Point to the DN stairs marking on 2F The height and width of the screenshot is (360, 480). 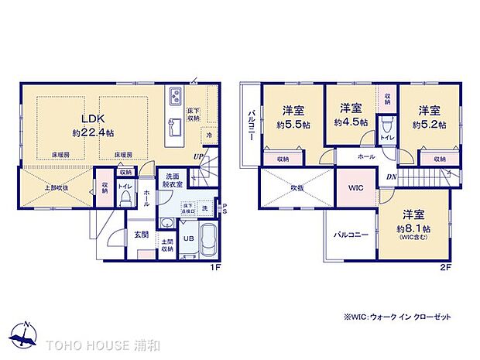pos(392,176)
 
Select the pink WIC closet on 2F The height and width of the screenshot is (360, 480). pos(355,188)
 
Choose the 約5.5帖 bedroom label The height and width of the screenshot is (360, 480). pos(293,117)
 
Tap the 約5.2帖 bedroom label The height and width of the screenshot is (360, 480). pos(429,117)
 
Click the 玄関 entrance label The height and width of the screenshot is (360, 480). pos(140,235)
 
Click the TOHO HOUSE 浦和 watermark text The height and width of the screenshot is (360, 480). pos(97,344)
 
